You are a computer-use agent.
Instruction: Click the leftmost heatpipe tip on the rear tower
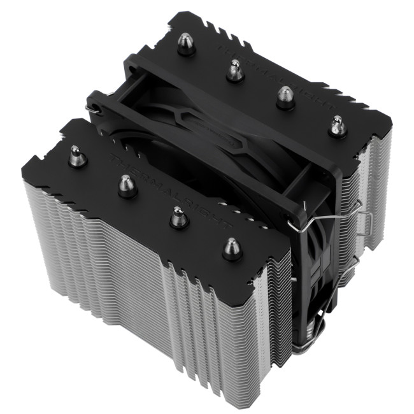186,45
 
